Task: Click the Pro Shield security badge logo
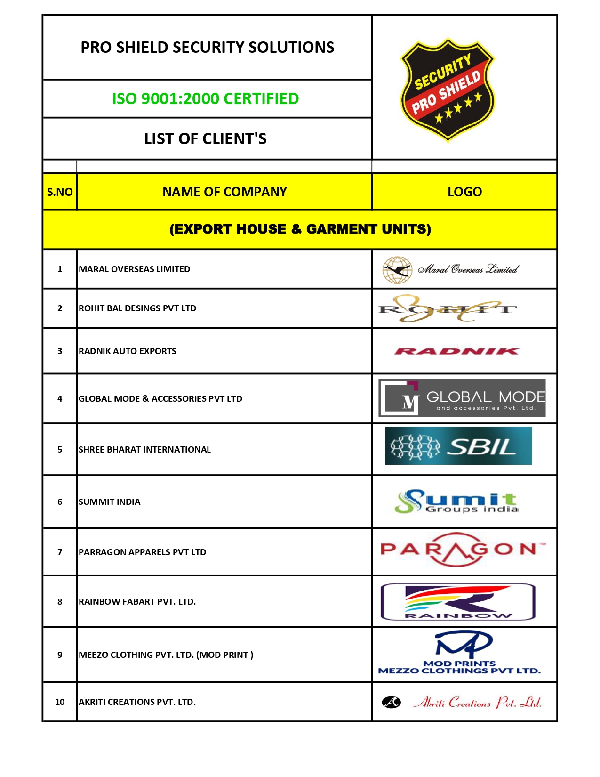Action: coord(447,89)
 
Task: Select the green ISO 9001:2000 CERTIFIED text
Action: coord(206,99)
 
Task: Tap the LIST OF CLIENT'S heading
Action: coord(206,139)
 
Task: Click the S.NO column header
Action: coord(60,192)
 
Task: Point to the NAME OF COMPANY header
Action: coord(224,192)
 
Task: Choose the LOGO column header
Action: coord(464,192)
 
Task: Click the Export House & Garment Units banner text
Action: coord(300,229)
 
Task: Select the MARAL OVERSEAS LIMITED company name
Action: coord(135,269)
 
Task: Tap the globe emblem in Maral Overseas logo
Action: coord(397,270)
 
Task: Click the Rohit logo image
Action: coord(447,309)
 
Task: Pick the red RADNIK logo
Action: coord(456,351)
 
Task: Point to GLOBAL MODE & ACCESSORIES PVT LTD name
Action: coord(160,399)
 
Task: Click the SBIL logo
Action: coord(458,446)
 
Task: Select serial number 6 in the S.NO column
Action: coord(60,502)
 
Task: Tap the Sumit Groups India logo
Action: coord(456,502)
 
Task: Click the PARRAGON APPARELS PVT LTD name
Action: coord(143,552)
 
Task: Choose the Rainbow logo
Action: coord(458,602)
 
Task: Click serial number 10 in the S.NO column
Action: coord(60,702)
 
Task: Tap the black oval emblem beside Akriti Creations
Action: coord(391,703)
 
